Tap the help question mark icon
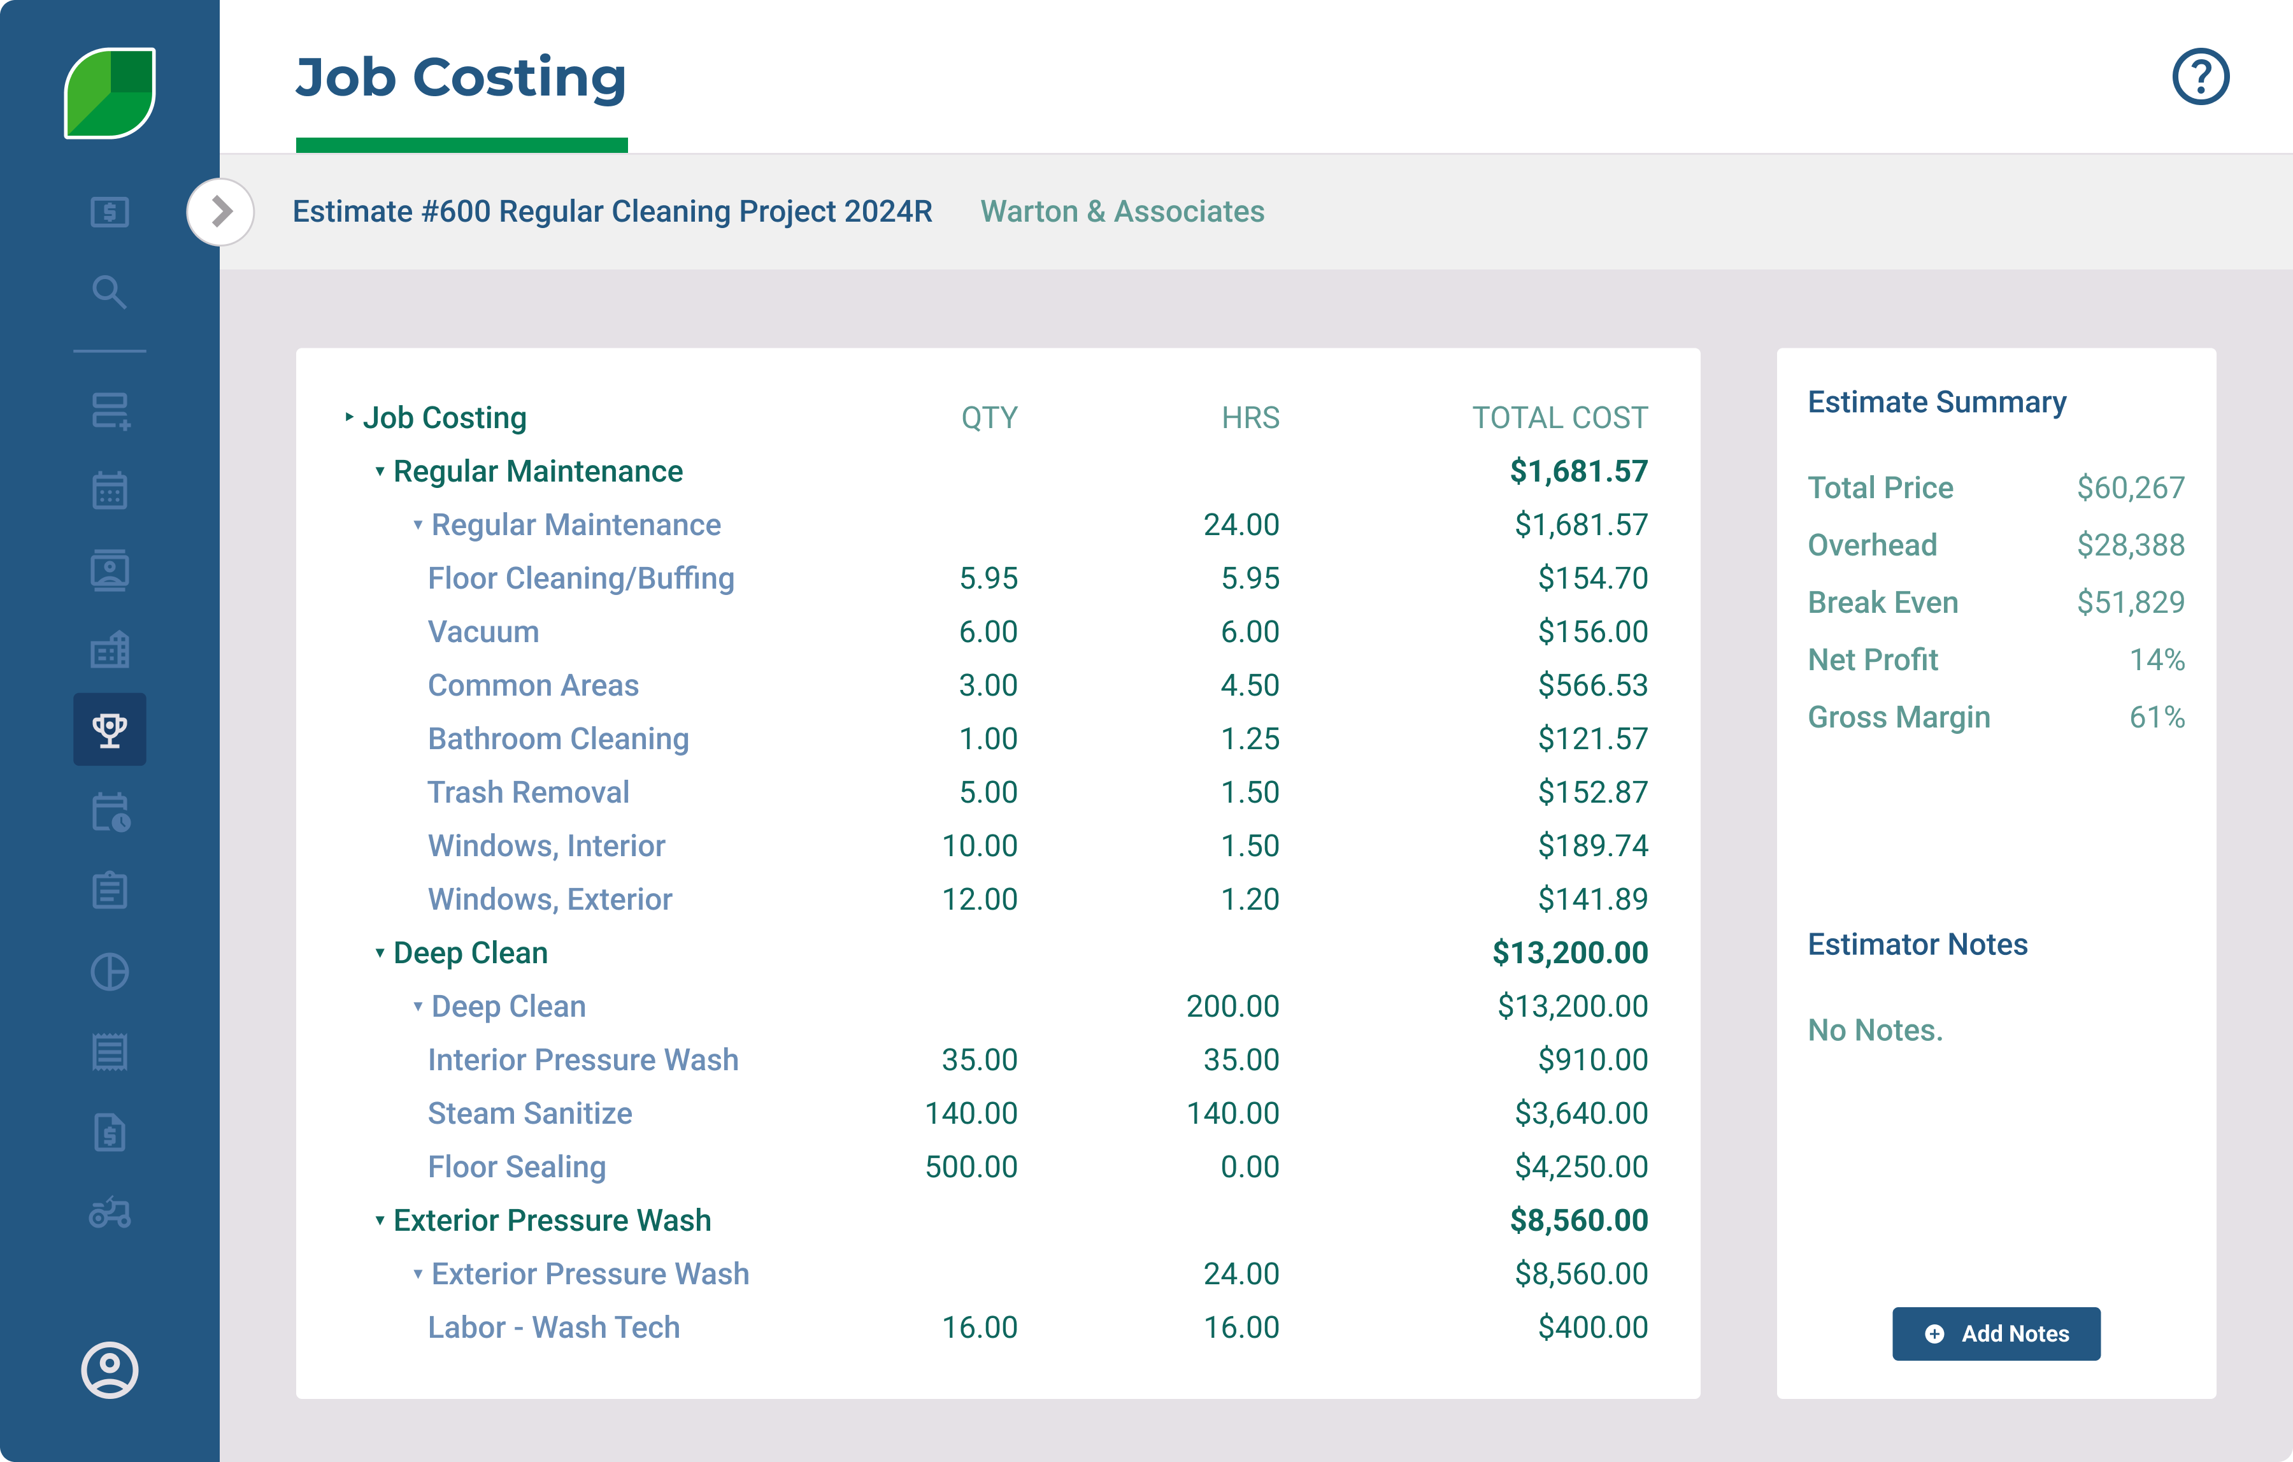(2199, 77)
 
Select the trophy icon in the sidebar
(110, 729)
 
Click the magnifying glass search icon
(110, 292)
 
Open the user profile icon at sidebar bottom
(110, 1370)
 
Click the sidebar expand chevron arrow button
(221, 211)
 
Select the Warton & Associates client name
(1122, 211)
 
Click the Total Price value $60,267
(2130, 487)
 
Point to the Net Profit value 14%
(2156, 659)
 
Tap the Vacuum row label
(483, 631)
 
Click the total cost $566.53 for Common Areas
(1592, 685)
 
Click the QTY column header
(989, 417)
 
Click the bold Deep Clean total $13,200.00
(1569, 952)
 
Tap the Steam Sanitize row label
(529, 1114)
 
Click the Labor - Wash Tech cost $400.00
(1592, 1327)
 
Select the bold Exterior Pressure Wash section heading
(552, 1220)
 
